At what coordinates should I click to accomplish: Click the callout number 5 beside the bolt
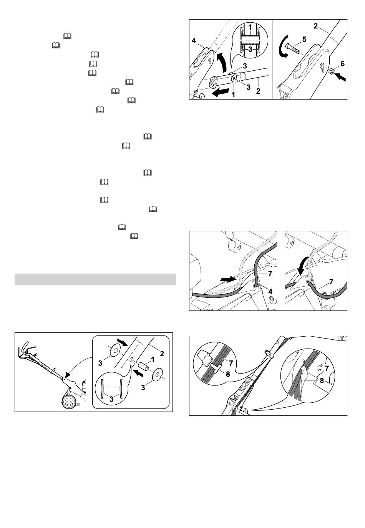coord(304,39)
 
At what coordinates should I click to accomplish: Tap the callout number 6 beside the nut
coord(342,64)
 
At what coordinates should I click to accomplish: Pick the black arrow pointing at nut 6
coord(340,77)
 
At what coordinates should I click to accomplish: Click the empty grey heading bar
coord(95,279)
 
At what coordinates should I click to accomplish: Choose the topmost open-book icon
coord(67,36)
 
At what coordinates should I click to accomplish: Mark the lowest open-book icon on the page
coord(134,236)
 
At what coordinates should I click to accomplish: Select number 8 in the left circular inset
coord(228,374)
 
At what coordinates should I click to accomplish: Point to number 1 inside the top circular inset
coord(250,28)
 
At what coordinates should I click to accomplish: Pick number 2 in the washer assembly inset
coord(162,354)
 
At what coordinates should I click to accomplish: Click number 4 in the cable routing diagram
coord(270,292)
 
